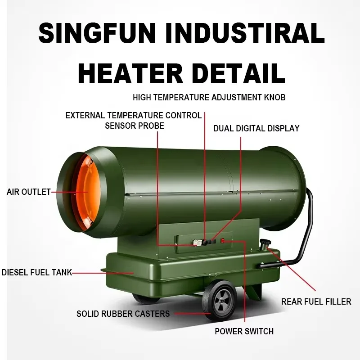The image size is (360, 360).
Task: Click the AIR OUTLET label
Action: point(28,192)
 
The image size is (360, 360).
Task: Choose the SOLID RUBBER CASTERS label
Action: point(123,314)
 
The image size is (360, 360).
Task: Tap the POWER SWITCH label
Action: point(244,332)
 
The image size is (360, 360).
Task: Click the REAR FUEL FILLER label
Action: point(316,301)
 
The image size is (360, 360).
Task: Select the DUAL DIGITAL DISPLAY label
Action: point(256,129)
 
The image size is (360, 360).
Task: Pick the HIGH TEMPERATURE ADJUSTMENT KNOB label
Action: point(209,97)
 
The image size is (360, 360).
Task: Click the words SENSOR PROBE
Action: point(134,126)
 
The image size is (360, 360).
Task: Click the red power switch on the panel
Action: point(222,242)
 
